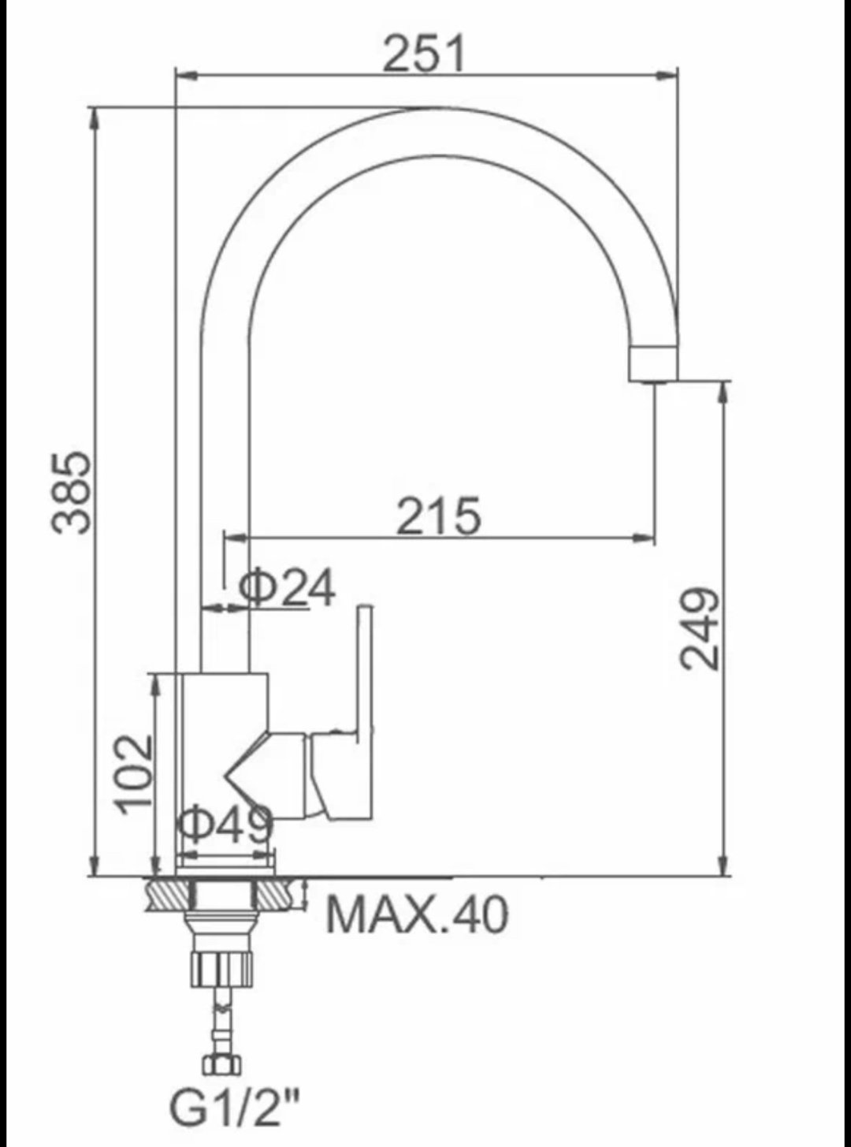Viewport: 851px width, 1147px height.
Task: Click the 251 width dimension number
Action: pos(424,54)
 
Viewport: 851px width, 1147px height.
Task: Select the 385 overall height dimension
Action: pos(72,492)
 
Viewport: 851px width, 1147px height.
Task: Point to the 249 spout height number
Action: pos(699,627)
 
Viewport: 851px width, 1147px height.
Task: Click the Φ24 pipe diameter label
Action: pos(288,589)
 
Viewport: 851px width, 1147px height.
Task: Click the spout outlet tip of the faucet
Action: pos(654,364)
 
